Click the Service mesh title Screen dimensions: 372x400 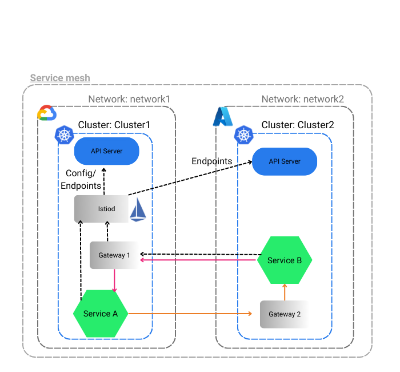[60, 78]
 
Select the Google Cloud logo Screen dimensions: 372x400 [47, 113]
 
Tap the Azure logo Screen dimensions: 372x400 [223, 116]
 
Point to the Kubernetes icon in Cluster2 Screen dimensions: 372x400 [244, 136]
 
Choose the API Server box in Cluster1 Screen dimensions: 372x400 [107, 152]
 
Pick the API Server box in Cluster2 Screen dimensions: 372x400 [285, 161]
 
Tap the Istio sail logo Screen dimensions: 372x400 [138, 211]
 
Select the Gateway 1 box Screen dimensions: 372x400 [114, 255]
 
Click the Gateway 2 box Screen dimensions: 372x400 [284, 314]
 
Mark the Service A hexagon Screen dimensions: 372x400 [100, 314]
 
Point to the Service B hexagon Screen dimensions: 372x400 [285, 260]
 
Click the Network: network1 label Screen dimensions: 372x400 [129, 99]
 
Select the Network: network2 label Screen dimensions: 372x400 [303, 99]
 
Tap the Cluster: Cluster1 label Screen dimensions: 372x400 [114, 124]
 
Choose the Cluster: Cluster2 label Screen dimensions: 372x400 [298, 124]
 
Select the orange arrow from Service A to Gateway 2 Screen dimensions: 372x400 [189, 314]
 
